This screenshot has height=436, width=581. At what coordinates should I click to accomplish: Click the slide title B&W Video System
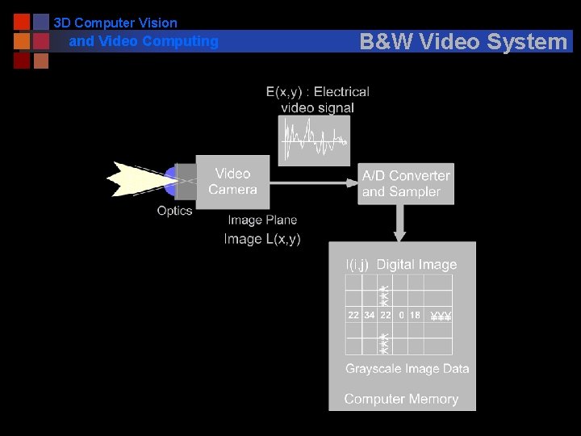click(463, 41)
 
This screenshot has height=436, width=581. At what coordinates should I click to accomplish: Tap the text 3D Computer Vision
click(115, 23)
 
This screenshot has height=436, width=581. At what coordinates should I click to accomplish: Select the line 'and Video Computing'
click(144, 41)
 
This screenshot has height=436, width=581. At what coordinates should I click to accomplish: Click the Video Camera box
click(232, 182)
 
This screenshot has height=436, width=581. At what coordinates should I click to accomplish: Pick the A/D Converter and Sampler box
click(406, 184)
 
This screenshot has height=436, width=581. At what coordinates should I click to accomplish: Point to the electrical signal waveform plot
click(314, 140)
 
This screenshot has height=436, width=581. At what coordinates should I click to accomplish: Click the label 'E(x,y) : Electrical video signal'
click(318, 99)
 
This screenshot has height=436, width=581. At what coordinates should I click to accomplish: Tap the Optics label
click(174, 211)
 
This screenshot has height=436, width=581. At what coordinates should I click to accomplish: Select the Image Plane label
click(262, 220)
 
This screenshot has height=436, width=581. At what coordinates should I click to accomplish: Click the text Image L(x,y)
click(262, 239)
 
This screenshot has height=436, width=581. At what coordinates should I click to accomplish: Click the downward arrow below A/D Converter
click(399, 222)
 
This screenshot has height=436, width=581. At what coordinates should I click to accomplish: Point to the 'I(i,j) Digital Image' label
click(401, 265)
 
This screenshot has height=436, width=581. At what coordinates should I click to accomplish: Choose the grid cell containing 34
click(370, 315)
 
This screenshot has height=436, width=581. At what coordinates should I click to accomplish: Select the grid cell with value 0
click(401, 315)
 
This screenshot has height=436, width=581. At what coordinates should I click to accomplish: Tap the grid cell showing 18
click(416, 315)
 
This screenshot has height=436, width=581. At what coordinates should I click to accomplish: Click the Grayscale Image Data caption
click(408, 369)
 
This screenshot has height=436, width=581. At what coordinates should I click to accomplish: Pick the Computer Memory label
click(401, 399)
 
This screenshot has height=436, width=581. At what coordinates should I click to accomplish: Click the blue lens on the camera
click(171, 181)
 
